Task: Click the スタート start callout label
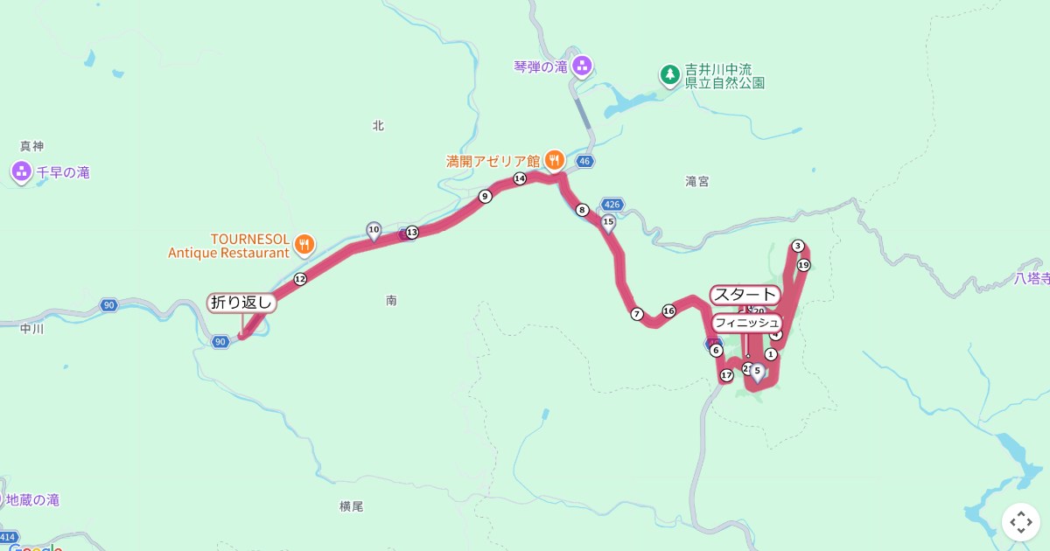(x=745, y=295)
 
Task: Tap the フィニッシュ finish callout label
(x=746, y=323)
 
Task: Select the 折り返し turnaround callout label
(x=242, y=303)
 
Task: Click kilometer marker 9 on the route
(x=485, y=197)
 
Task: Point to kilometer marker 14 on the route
(x=520, y=178)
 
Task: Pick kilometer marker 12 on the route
(x=300, y=279)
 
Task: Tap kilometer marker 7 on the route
(x=637, y=314)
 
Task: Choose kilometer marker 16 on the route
(x=669, y=310)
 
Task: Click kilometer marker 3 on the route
(x=798, y=246)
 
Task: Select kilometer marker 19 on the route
(x=803, y=265)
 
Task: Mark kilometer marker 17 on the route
(x=726, y=376)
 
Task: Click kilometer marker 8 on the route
(x=582, y=210)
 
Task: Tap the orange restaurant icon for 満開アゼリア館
(x=554, y=160)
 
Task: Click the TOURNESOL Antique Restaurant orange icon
(x=304, y=244)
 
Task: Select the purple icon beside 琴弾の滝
(x=583, y=66)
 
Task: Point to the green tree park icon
(x=669, y=75)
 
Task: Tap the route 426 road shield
(x=612, y=205)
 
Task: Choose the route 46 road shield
(x=585, y=161)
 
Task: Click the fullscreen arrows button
(x=1020, y=522)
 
